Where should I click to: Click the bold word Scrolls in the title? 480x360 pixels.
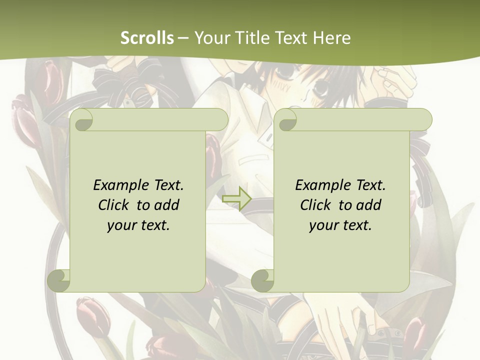pyautogui.click(x=147, y=38)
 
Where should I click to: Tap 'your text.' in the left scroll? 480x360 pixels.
pyautogui.click(x=138, y=225)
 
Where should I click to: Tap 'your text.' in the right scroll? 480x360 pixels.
pyautogui.click(x=340, y=225)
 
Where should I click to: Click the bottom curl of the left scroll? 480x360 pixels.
pyautogui.click(x=59, y=280)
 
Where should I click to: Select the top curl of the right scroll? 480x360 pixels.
pyautogui.click(x=286, y=120)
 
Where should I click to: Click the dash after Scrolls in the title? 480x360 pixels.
pyautogui.click(x=183, y=38)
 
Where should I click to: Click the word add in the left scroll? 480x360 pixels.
pyautogui.click(x=167, y=205)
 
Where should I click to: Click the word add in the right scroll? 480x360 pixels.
pyautogui.click(x=369, y=205)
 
